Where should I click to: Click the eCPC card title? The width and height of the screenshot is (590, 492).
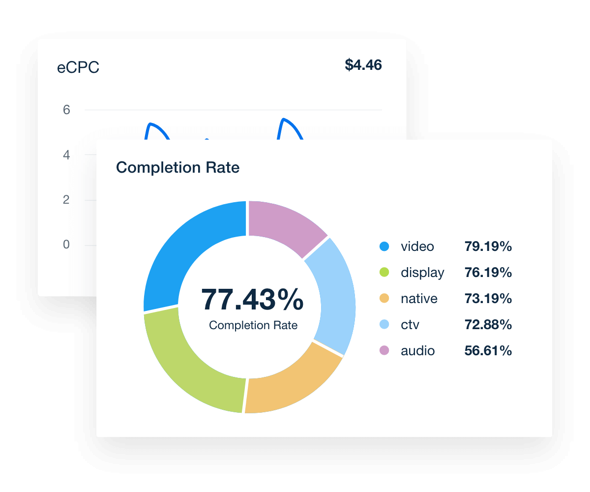tap(78, 68)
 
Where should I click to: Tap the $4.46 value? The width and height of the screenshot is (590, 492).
tap(363, 65)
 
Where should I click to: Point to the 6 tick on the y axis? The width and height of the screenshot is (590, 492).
tap(66, 110)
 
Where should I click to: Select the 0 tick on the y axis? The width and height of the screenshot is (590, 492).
tap(66, 245)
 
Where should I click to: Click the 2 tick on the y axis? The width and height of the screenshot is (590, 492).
tap(66, 200)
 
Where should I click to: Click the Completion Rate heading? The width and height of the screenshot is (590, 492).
tap(177, 168)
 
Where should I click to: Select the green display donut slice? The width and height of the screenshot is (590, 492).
tap(192, 364)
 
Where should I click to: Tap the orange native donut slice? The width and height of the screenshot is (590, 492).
tap(290, 384)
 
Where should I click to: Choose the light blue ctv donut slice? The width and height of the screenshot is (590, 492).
tap(334, 295)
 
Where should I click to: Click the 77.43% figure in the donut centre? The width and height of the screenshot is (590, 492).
tap(252, 300)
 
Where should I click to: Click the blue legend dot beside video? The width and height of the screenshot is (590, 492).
tap(384, 246)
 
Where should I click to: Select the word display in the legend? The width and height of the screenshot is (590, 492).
tap(422, 273)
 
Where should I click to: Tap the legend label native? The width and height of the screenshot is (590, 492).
tap(419, 299)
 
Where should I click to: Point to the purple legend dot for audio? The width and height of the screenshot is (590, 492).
tap(384, 351)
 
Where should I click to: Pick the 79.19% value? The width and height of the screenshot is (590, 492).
tap(488, 246)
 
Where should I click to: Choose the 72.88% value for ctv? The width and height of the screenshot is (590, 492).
tap(488, 325)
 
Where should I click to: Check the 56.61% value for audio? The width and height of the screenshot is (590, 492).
tap(488, 351)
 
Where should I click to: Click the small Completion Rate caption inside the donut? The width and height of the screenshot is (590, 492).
tap(253, 325)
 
